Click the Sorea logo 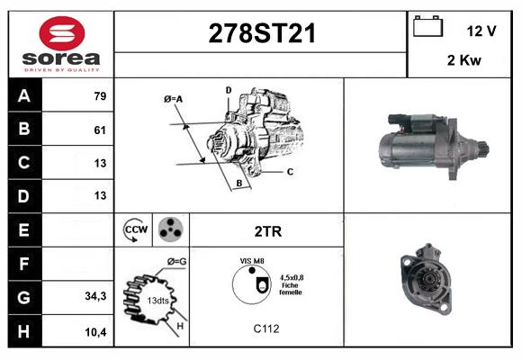(60, 44)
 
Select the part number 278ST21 (262, 33)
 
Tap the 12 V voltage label (481, 31)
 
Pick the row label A (23, 95)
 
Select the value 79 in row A (100, 95)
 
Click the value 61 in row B (100, 129)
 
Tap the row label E (23, 230)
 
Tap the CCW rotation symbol (136, 230)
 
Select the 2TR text (268, 231)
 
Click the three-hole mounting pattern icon (170, 230)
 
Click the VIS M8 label (251, 261)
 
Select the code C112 (266, 328)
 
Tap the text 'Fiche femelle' (291, 289)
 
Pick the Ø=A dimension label (174, 98)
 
